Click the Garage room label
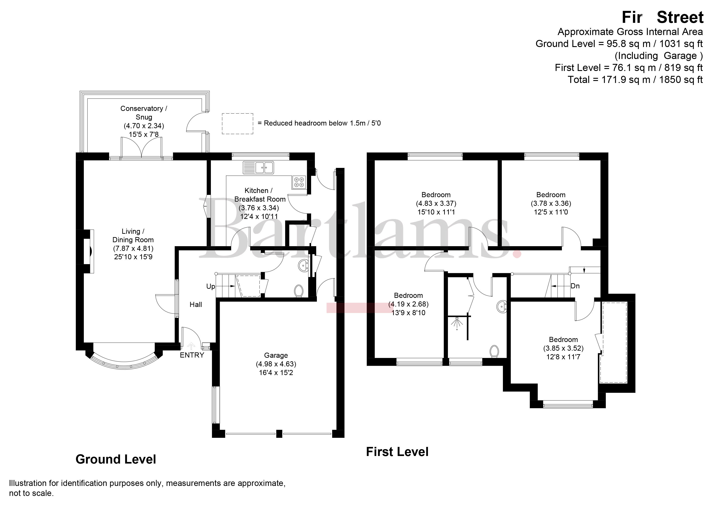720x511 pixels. (x=276, y=355)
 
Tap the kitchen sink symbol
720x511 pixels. (x=258, y=167)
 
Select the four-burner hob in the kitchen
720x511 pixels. (x=299, y=182)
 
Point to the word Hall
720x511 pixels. (x=196, y=304)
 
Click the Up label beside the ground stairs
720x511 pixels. (x=211, y=286)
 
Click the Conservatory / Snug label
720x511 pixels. (x=144, y=113)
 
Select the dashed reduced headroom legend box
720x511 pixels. (x=237, y=124)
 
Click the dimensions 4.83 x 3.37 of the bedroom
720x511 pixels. (x=436, y=203)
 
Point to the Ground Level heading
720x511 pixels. (x=116, y=459)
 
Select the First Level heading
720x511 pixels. (x=397, y=452)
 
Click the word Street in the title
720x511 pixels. (x=680, y=17)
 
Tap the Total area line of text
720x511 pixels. (x=635, y=80)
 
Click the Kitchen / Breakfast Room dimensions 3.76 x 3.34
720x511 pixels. (x=259, y=208)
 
